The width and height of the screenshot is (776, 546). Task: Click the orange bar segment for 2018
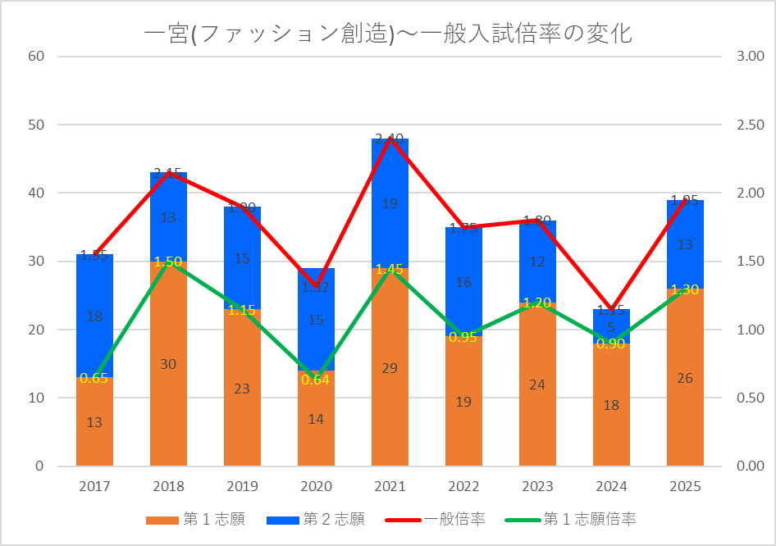click(168, 394)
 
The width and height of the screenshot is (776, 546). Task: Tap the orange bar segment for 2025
click(685, 410)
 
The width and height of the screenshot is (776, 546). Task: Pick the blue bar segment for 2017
click(94, 287)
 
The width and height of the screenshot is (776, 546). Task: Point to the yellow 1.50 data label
click(168, 262)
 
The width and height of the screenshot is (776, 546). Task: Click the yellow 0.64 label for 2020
click(316, 380)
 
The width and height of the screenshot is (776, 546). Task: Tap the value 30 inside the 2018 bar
click(168, 364)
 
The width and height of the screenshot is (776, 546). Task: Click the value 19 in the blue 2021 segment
click(390, 203)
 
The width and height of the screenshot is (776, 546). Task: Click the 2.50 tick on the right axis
click(750, 125)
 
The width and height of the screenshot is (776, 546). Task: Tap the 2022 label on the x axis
click(463, 487)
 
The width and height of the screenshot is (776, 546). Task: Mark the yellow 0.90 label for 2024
click(611, 344)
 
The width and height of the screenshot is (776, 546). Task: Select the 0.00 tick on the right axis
click(750, 466)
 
